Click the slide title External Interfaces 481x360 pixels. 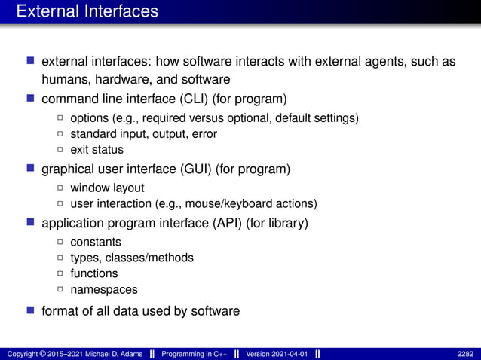click(x=87, y=11)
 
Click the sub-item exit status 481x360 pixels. click(x=97, y=149)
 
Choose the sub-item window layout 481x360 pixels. click(x=107, y=188)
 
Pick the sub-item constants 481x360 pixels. click(x=95, y=243)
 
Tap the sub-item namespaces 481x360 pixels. click(x=104, y=288)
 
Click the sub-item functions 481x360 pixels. click(x=94, y=273)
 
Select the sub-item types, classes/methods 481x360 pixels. click(x=132, y=258)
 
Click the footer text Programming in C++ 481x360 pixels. click(x=191, y=353)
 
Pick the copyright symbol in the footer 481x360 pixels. click(x=41, y=353)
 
